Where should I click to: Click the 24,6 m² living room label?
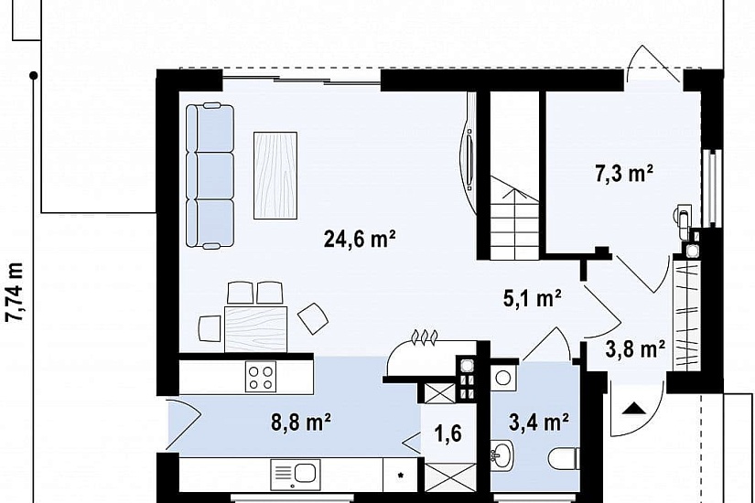[x=360, y=238]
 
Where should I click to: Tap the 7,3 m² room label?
[x=624, y=173]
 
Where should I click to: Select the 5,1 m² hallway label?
[x=532, y=298]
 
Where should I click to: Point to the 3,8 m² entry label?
[x=636, y=349]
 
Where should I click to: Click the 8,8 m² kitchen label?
[x=301, y=423]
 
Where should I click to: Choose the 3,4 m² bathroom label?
[x=539, y=423]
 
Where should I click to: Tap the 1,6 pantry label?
[x=448, y=433]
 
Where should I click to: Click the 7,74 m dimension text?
[x=16, y=291]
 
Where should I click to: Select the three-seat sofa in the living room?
[x=210, y=176]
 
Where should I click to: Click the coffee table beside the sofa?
[x=275, y=176]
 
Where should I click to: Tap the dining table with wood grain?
[x=255, y=329]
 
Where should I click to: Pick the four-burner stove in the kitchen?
[x=261, y=377]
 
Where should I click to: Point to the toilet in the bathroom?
[x=564, y=458]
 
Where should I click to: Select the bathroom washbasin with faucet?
[x=502, y=454]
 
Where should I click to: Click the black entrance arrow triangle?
[x=634, y=408]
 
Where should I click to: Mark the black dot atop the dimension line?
[x=33, y=75]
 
